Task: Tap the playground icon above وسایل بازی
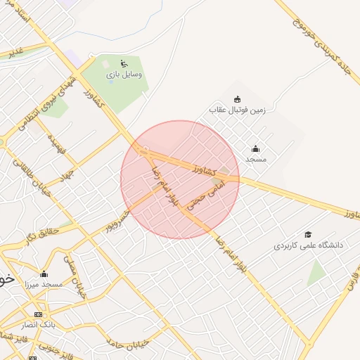(124, 62)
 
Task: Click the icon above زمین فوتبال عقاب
(237, 98)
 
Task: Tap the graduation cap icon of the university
(307, 235)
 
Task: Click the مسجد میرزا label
(44, 285)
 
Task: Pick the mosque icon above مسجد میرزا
(44, 274)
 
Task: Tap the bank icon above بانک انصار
(38, 314)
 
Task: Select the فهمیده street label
(56, 144)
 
